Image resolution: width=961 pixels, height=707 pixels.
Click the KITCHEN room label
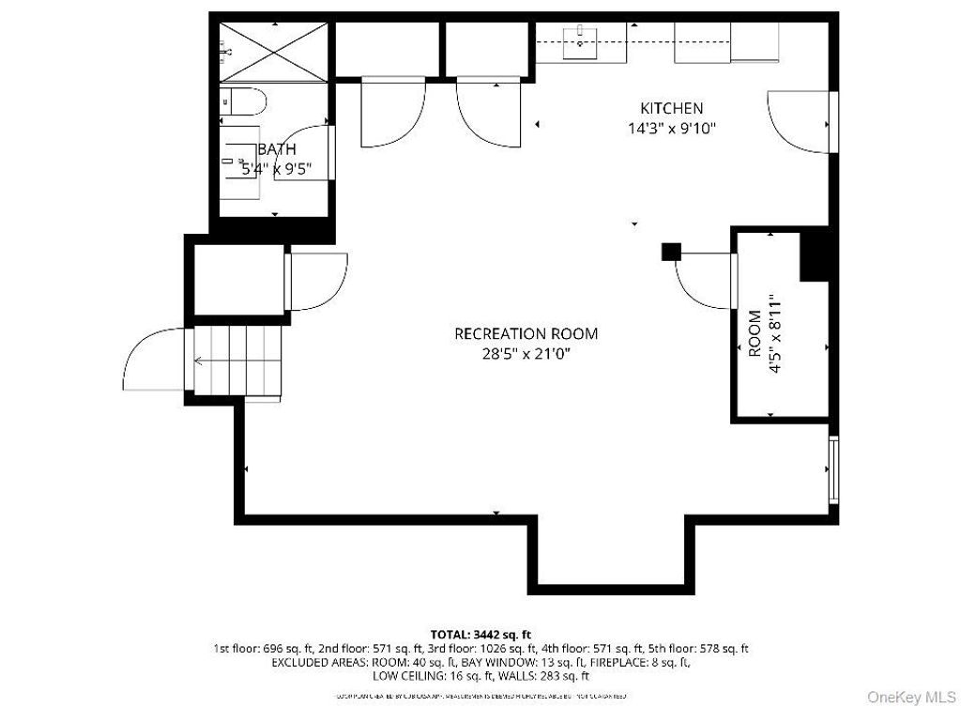tap(671, 108)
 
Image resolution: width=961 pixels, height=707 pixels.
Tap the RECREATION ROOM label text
tap(526, 333)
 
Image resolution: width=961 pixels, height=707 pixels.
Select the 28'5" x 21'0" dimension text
tap(526, 354)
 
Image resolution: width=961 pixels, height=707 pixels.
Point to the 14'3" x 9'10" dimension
tap(672, 129)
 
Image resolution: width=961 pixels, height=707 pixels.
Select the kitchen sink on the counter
tap(582, 39)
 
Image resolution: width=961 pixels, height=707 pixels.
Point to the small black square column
tap(671, 252)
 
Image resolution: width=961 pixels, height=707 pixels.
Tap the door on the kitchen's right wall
tap(801, 119)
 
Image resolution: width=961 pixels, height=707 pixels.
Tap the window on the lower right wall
tap(832, 469)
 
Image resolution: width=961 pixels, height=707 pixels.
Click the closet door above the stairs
tap(317, 281)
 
